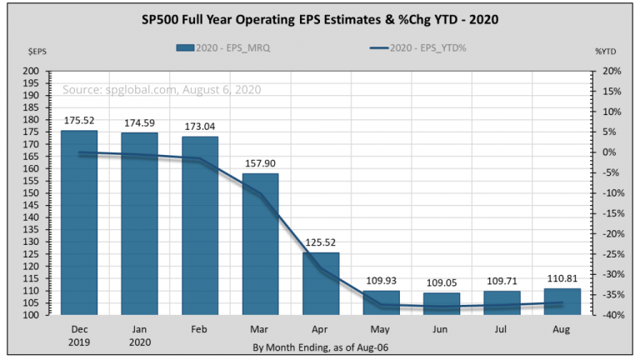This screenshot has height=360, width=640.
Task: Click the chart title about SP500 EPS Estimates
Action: click(319, 18)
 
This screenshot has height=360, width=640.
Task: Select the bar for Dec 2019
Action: click(79, 222)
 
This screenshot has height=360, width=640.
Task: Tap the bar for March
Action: click(260, 244)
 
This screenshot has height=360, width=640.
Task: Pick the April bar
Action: click(321, 283)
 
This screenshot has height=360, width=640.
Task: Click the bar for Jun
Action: click(442, 303)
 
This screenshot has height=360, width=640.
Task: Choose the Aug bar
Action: click(562, 302)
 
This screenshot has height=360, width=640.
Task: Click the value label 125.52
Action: click(321, 242)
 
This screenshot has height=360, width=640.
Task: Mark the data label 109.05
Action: click(442, 282)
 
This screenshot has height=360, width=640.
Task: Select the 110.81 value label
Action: click(562, 278)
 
